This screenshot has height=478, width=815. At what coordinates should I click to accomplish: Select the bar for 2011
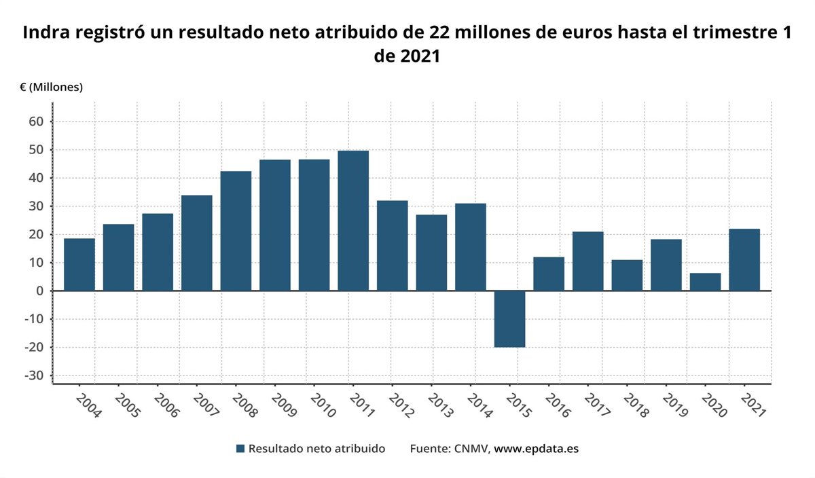coord(353,221)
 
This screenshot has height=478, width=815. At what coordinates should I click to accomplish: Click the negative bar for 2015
coord(509,319)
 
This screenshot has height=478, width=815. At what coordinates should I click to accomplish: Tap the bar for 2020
coord(705,282)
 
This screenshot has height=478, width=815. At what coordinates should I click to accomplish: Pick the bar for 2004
coord(79,265)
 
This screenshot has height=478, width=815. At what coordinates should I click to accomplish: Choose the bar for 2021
coord(744,260)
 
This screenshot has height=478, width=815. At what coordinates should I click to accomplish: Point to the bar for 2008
coord(236,231)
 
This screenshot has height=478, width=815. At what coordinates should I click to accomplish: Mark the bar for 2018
coord(627,276)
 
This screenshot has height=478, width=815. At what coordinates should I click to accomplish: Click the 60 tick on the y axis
coord(37,122)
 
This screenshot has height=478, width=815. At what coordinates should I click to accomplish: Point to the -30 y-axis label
coord(34,375)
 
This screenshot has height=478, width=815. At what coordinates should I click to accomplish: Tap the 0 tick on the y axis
coord(40,291)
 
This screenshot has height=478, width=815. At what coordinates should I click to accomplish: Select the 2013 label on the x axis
coord(441,405)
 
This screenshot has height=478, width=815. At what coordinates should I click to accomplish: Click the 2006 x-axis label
coord(166,405)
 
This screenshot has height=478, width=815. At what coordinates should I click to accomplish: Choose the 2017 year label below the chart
coord(597,405)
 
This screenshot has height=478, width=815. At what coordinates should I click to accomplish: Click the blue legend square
coord(240,449)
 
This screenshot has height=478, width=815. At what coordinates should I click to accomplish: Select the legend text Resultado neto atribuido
coord(316,449)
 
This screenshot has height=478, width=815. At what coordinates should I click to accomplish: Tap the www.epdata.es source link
coord(537,449)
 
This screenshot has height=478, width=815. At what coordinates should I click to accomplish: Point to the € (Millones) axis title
coord(52,88)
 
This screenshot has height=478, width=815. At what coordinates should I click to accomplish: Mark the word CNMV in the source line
coord(471,449)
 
